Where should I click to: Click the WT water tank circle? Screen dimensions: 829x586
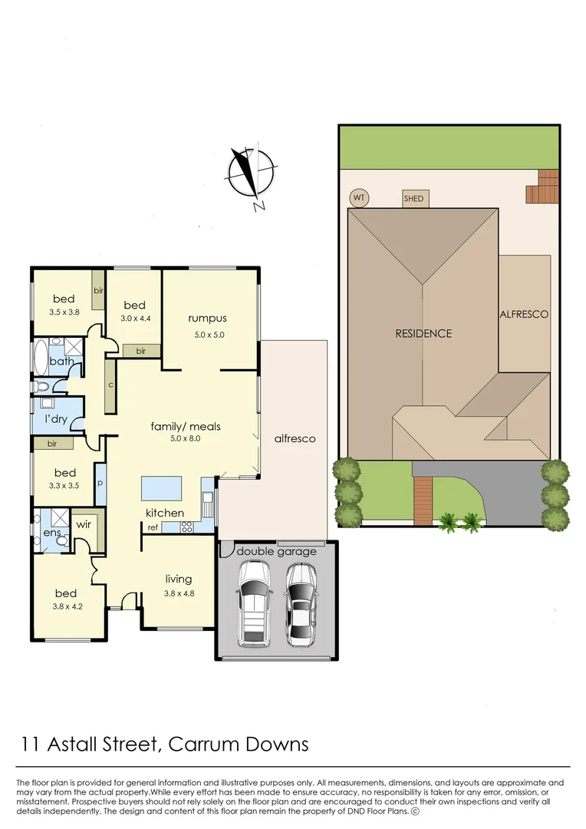(x=358, y=198)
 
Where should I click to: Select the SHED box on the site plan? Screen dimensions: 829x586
(x=413, y=199)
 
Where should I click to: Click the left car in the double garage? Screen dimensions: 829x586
(x=253, y=602)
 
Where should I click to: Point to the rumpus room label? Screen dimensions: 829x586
(x=207, y=319)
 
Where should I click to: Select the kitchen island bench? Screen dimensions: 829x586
(x=161, y=488)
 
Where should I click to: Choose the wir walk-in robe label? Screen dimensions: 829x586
(x=84, y=524)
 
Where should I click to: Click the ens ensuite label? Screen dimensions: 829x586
(x=51, y=532)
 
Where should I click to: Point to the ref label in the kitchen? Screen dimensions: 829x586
(x=153, y=527)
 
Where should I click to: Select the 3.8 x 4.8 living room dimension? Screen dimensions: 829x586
(x=178, y=593)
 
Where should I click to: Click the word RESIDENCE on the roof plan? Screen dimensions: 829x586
(x=423, y=333)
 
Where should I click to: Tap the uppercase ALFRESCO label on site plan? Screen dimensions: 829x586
(x=524, y=314)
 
